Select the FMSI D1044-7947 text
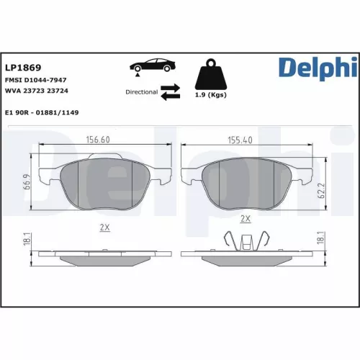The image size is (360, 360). pos(35,81)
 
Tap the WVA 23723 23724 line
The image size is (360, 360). pos(37,91)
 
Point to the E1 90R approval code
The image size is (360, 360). pos(42,112)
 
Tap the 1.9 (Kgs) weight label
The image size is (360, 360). pos(211,96)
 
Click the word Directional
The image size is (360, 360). pos(141,92)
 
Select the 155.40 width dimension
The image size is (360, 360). pos(239,140)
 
